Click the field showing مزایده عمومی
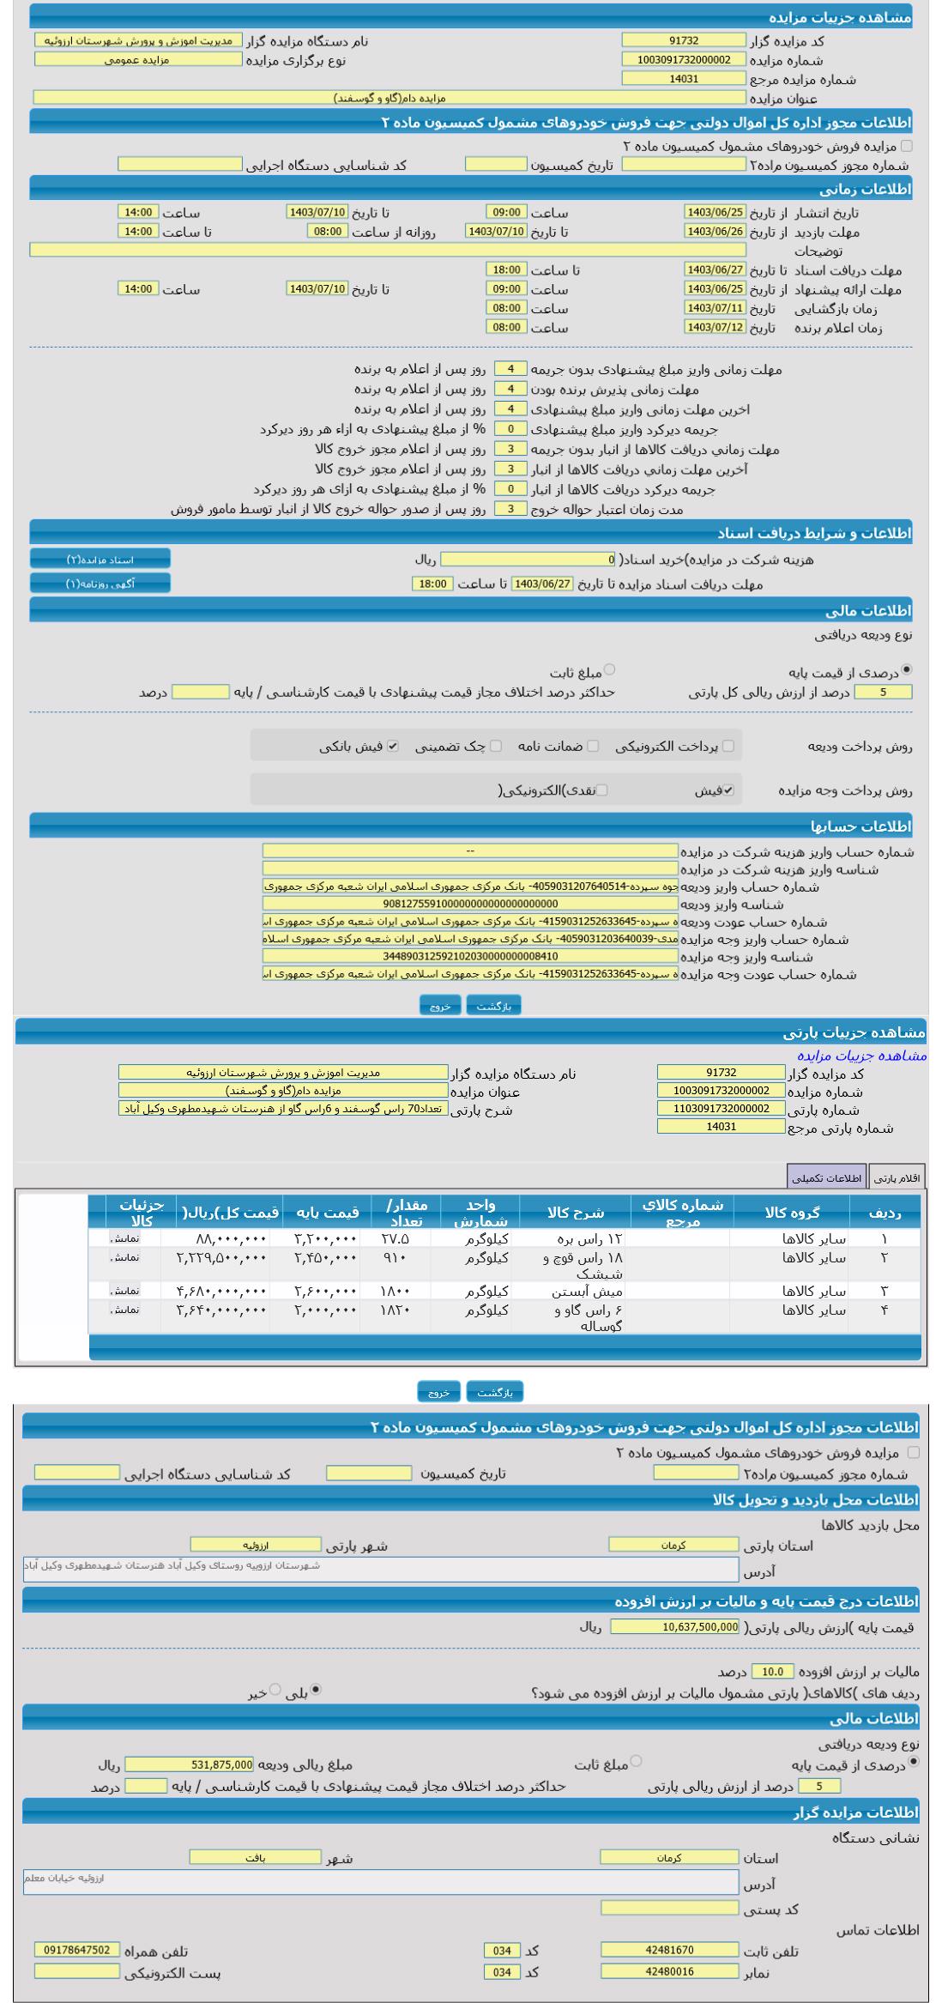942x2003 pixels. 138,60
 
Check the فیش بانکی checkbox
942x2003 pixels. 392,746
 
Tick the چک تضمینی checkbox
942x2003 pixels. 496,746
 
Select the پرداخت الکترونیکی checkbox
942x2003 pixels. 728,746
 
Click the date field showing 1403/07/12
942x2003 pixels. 715,327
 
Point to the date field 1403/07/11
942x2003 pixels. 715,308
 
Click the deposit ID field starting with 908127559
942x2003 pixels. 470,904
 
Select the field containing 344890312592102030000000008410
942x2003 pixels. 470,956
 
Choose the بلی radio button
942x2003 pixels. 316,1689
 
